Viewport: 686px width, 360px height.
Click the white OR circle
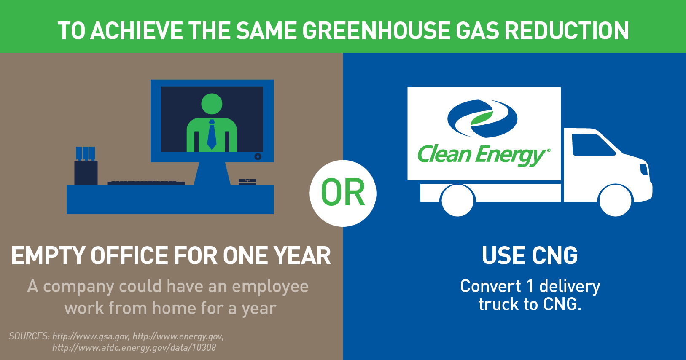click(343, 193)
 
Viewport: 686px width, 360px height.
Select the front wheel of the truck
click(615, 200)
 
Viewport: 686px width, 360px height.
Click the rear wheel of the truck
click(457, 200)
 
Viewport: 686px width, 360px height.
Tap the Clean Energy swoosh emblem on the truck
click(482, 118)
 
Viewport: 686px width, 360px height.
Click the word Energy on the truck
click(511, 155)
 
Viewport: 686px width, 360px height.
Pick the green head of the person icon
click(212, 104)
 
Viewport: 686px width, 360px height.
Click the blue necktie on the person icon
click(212, 134)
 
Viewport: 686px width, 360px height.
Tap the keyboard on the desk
click(146, 183)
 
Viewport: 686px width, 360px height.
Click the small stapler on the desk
click(247, 182)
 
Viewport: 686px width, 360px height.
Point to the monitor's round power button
click(258, 156)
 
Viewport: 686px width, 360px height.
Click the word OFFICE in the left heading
click(131, 256)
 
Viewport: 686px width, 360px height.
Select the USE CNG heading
click(530, 256)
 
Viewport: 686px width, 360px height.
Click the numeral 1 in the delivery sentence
click(530, 287)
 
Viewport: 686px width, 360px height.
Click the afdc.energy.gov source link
click(134, 348)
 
